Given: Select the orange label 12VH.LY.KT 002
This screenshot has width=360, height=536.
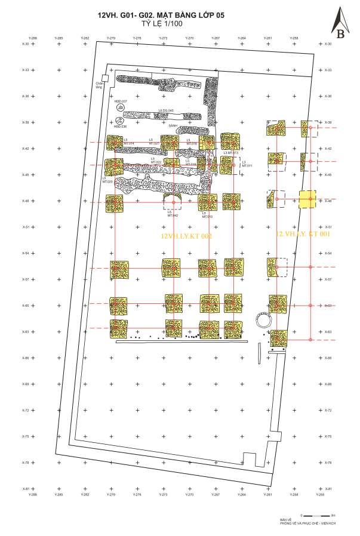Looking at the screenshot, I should (187, 236).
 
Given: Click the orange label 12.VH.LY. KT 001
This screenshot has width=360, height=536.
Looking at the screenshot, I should (304, 235).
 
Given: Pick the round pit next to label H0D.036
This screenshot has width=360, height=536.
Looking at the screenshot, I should (120, 119).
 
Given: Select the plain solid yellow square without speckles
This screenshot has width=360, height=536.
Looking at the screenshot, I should (307, 199).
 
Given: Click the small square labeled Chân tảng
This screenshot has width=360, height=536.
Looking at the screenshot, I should (104, 78).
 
